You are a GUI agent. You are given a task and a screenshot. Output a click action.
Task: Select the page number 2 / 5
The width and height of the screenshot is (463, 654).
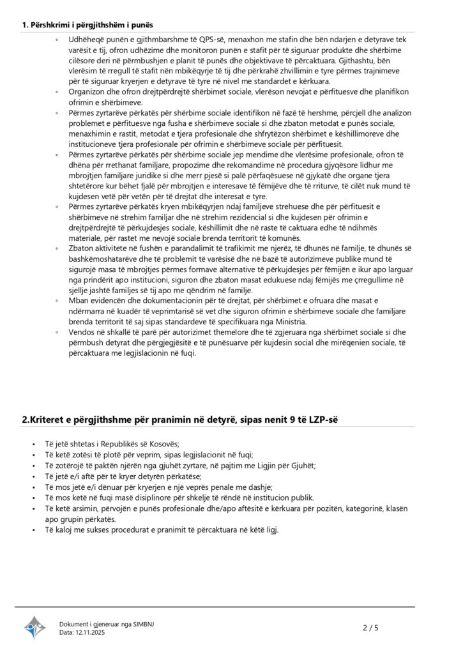pos(370,628)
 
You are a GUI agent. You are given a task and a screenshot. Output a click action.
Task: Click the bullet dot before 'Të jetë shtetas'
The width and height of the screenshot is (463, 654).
pos(33,445)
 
